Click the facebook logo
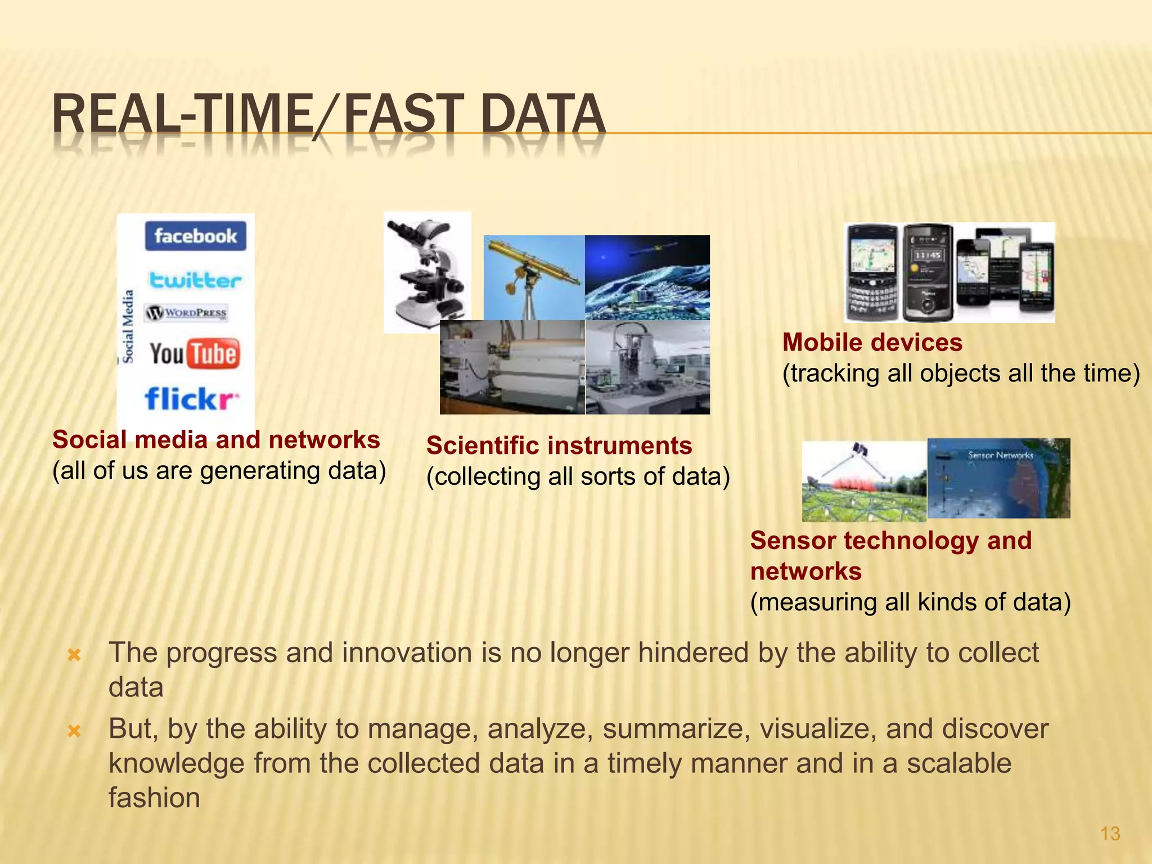[195, 236]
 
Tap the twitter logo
[195, 280]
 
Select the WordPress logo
[186, 313]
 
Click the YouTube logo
[195, 354]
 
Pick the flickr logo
[191, 399]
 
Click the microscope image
[427, 272]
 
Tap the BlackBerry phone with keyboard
[872, 273]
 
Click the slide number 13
[1110, 833]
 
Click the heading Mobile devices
[872, 343]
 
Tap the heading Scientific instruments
[559, 445]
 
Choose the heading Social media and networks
[216, 440]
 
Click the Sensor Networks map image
[998, 478]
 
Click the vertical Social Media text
[128, 326]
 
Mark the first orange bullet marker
[74, 655]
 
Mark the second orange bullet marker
[74, 731]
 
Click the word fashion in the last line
[154, 798]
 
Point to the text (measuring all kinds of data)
[910, 602]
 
